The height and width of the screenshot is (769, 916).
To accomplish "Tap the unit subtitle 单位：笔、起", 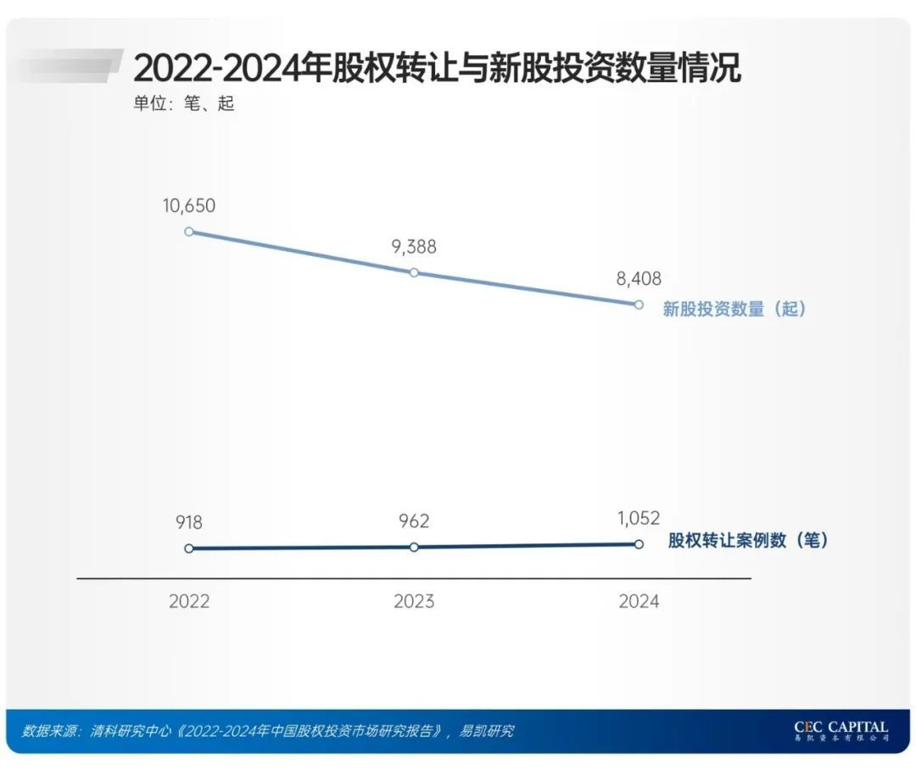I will tap(182, 105).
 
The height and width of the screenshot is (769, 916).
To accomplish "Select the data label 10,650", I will tap(189, 205).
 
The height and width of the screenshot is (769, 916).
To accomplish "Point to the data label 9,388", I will tap(414, 247).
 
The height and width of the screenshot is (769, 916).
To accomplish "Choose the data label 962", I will tap(413, 521).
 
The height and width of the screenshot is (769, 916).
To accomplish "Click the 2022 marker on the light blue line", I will tap(189, 231).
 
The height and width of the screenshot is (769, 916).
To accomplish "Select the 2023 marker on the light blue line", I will tap(414, 272).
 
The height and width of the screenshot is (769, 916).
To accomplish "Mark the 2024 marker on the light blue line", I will tap(639, 304).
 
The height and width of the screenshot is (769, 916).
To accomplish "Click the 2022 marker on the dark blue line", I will tap(189, 549).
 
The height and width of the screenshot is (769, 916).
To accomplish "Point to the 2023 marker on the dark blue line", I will tap(414, 547).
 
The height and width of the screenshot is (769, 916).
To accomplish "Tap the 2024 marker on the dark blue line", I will tap(639, 544).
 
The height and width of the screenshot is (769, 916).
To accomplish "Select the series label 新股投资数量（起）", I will tap(734, 309).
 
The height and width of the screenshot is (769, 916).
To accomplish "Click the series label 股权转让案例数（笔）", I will tap(747, 540).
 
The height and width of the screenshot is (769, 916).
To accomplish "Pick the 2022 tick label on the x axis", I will tap(189, 602).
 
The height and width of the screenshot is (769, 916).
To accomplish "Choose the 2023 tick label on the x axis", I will tap(414, 602).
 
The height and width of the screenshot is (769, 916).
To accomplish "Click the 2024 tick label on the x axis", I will tap(639, 602).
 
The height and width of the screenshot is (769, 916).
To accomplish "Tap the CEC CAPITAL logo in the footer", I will tap(841, 731).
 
